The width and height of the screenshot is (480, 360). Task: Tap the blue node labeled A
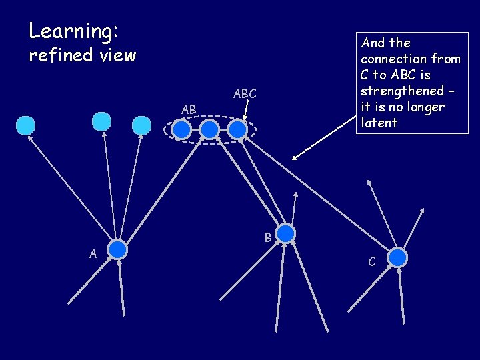pyautogui.click(x=117, y=249)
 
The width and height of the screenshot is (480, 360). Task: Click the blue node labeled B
pyautogui.click(x=285, y=233)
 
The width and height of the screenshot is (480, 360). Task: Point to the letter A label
pyautogui.click(x=94, y=253)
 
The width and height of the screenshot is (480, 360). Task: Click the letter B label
pyautogui.click(x=267, y=237)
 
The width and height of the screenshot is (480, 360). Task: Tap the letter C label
pyautogui.click(x=372, y=262)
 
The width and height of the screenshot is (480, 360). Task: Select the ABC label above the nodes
pyautogui.click(x=245, y=94)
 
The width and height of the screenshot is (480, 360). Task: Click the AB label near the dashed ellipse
pyautogui.click(x=189, y=109)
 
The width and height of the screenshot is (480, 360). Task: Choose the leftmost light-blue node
pyautogui.click(x=25, y=125)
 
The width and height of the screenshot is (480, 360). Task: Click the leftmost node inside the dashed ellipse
pyautogui.click(x=181, y=129)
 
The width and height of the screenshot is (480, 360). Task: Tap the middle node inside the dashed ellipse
pyautogui.click(x=209, y=129)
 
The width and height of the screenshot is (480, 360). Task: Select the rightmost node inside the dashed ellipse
pyautogui.click(x=237, y=129)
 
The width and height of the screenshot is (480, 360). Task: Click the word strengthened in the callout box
pyautogui.click(x=402, y=91)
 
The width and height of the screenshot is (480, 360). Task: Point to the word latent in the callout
pyautogui.click(x=379, y=123)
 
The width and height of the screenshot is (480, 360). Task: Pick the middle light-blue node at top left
pyautogui.click(x=101, y=121)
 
